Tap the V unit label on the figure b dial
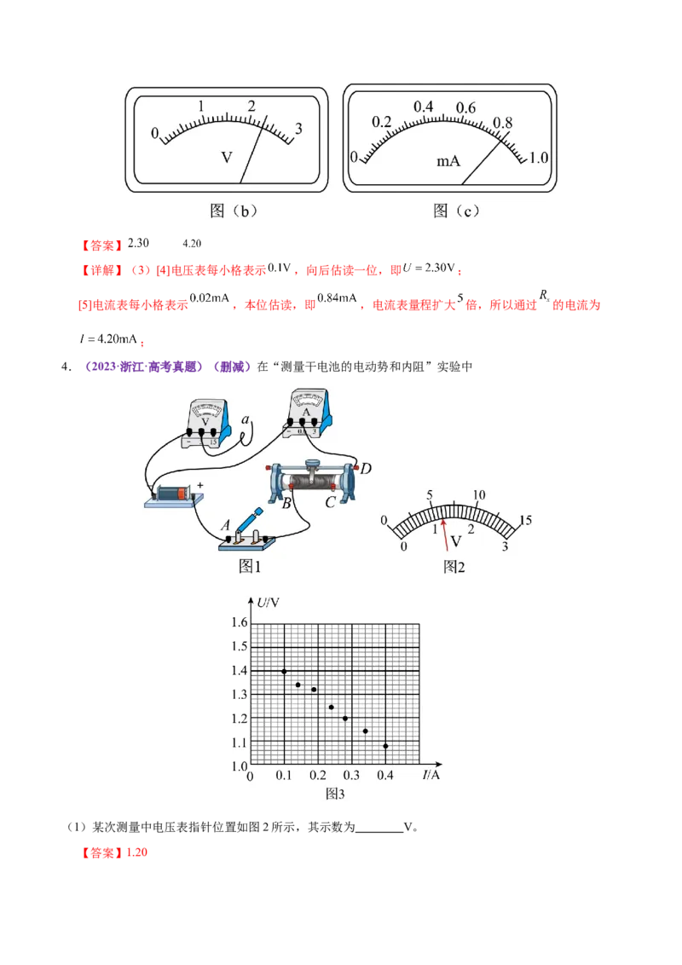pos(227,158)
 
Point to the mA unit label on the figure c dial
pos(448,160)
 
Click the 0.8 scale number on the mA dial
pos(503,123)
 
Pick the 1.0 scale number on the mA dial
pos(540,159)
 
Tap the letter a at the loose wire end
pos(245,419)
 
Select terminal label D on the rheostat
pos(365,469)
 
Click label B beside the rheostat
pos(287,503)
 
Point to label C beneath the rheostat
pos(329,501)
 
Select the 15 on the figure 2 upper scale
pos(525,520)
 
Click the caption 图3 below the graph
pos(335,793)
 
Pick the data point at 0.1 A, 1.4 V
pos(284,671)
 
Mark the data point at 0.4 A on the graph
pos(385,746)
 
